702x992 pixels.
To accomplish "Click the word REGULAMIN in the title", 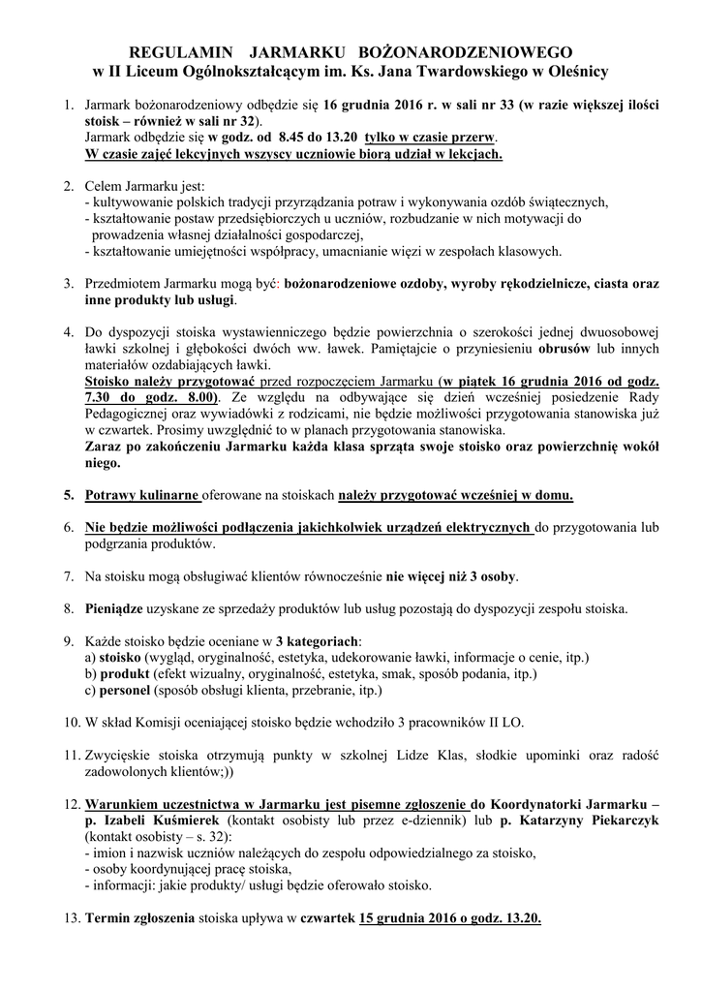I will [x=175, y=51].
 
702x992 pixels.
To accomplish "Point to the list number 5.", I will [x=69, y=496].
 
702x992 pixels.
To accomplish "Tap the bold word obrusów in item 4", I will [x=578, y=349].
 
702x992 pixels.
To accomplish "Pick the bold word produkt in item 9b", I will [x=122, y=674].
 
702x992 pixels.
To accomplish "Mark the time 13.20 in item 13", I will [x=521, y=917].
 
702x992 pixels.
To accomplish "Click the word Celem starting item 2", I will [x=106, y=186].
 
